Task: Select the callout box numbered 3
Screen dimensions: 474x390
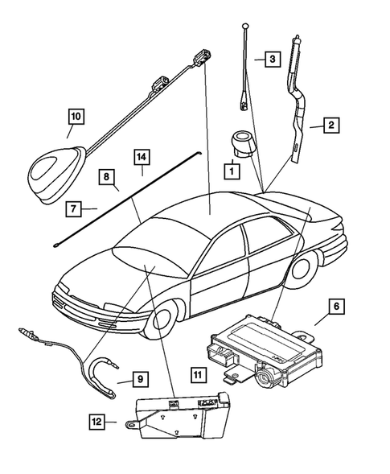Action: (273, 60)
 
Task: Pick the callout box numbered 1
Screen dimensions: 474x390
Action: (231, 171)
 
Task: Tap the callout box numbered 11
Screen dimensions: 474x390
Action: (198, 373)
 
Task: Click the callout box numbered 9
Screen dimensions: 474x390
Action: (139, 377)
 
